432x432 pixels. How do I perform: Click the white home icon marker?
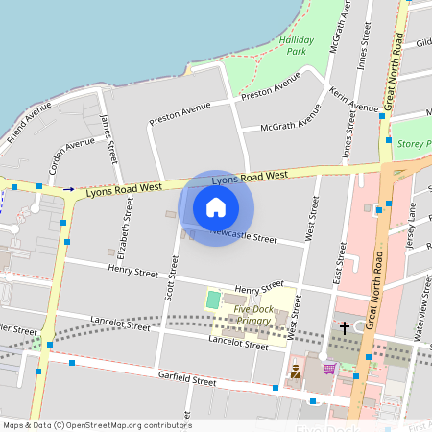tap(216, 207)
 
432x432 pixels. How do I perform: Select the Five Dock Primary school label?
tap(252, 316)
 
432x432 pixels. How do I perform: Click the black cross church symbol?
tap(345, 328)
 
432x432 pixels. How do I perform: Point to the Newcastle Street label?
tap(243, 235)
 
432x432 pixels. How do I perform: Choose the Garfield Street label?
tap(188, 381)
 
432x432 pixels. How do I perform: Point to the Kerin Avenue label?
tap(353, 100)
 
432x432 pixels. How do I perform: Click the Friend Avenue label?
tap(29, 125)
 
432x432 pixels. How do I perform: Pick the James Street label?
tap(108, 137)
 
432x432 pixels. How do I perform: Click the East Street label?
tap(339, 263)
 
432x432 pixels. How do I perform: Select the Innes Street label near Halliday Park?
tap(365, 43)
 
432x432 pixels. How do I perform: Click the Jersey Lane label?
tap(411, 231)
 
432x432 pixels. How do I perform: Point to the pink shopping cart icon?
tap(329, 368)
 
